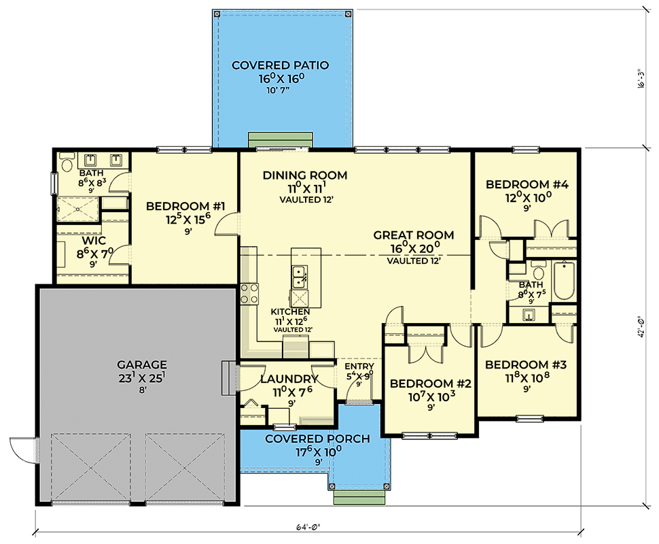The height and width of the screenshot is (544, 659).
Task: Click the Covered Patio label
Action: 281,66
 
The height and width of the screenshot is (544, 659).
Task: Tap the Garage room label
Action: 141,364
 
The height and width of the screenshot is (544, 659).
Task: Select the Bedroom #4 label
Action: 527,184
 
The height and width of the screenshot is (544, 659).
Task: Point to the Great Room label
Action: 414,235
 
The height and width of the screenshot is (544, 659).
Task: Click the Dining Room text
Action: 305,175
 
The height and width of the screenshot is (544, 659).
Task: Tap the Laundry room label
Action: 289,379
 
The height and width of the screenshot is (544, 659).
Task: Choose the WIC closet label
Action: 94,241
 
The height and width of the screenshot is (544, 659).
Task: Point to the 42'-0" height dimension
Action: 641,326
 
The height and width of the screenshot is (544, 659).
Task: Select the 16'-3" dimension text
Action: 641,79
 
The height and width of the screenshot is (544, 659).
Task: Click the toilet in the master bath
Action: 67,162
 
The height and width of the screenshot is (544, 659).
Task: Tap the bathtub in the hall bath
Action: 564,280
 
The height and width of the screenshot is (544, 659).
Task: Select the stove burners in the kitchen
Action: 249,294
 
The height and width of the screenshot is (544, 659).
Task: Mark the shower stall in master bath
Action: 78,209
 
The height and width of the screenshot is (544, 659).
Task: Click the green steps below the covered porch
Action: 359,497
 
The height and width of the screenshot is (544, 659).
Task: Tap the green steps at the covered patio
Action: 281,139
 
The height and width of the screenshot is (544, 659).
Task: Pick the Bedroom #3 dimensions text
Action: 527,378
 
